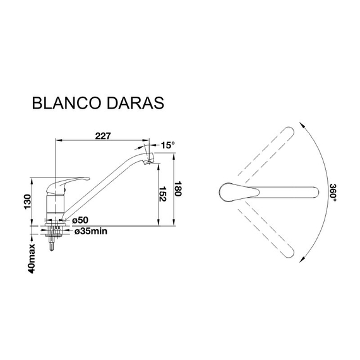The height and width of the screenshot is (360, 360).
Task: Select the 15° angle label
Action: (167, 145)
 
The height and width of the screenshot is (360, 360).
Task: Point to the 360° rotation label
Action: (333, 192)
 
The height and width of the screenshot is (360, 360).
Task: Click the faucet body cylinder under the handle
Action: (55, 205)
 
